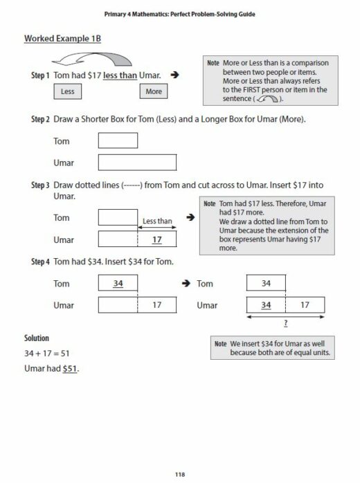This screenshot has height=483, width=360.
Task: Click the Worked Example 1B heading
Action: click(x=62, y=39)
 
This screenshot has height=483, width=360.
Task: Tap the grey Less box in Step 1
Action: click(x=67, y=91)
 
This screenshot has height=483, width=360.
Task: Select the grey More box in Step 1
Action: click(x=154, y=91)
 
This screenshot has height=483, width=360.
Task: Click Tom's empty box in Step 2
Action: click(x=118, y=140)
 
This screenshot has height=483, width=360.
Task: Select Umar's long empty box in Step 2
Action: click(x=137, y=163)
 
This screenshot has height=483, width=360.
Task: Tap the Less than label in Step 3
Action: click(x=156, y=221)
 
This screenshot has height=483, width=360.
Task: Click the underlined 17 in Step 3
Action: click(x=157, y=239)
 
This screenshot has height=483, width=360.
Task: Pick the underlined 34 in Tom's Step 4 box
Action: click(x=118, y=284)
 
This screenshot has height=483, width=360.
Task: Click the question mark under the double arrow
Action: click(x=285, y=323)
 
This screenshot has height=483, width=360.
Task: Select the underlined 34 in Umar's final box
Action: click(x=266, y=304)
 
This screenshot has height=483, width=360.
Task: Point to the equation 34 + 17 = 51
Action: click(x=51, y=353)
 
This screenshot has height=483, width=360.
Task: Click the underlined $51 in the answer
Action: click(x=70, y=368)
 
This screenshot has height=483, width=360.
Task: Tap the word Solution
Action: click(x=37, y=338)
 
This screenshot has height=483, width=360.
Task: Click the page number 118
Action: click(x=180, y=454)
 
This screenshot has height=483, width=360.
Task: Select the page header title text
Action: click(x=180, y=13)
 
